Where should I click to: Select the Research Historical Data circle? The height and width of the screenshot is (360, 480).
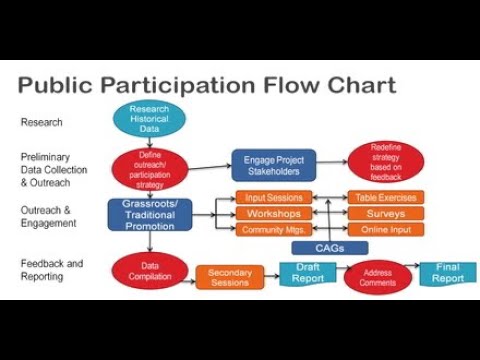click(150, 120)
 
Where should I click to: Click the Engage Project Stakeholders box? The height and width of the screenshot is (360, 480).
click(273, 164)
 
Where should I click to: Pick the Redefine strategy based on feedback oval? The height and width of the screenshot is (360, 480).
click(385, 162)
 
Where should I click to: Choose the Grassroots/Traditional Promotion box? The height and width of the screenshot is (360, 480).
click(149, 213)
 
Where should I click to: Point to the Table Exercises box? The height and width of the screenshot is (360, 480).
click(386, 198)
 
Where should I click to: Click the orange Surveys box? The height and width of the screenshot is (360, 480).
click(386, 214)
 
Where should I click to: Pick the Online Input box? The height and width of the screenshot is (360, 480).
click(386, 230)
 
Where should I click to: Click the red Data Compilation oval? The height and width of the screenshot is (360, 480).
click(150, 270)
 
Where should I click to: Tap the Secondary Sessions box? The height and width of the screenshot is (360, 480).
click(229, 276)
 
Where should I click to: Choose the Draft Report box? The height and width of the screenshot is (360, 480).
click(308, 273)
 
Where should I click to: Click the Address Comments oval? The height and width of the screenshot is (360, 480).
click(378, 277)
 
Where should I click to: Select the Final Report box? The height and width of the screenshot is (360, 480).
click(441, 273)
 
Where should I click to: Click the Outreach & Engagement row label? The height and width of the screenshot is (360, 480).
click(47, 216)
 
